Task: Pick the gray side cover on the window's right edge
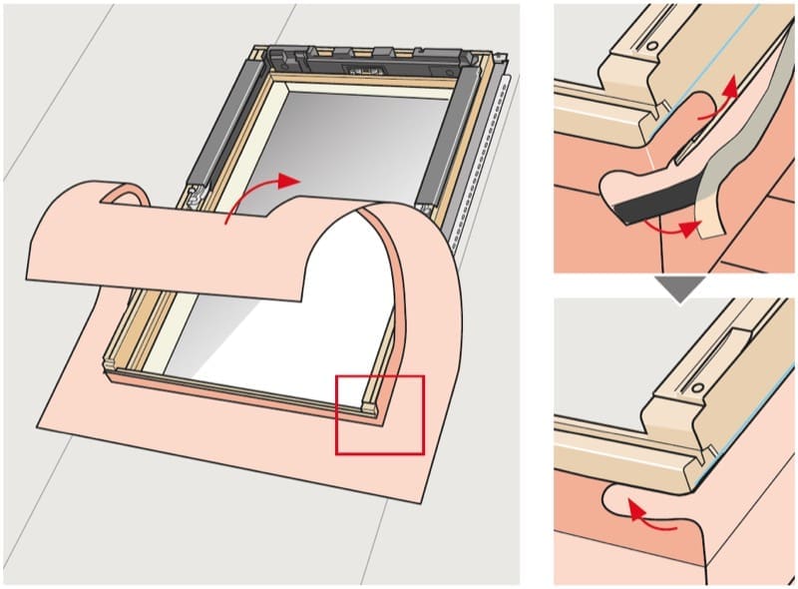click(x=442, y=140)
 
